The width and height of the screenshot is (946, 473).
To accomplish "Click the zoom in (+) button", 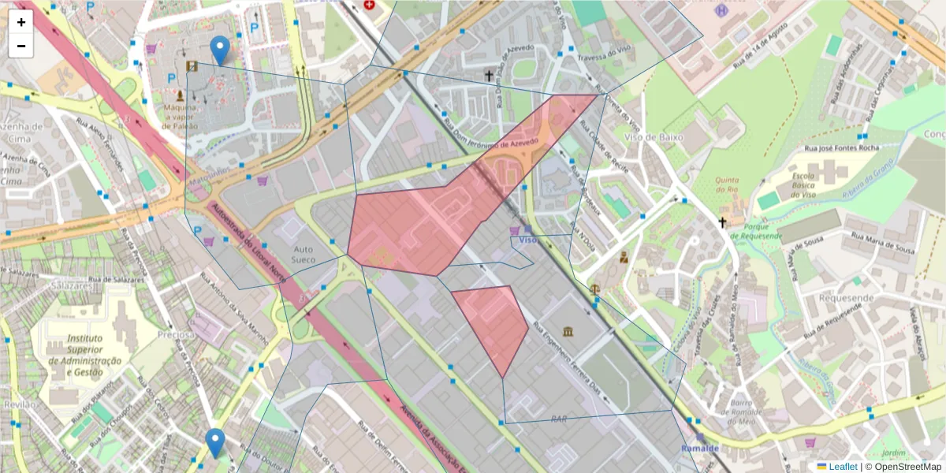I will pyautogui.click(x=21, y=22).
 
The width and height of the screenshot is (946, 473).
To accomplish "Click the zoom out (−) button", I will pyautogui.click(x=21, y=46).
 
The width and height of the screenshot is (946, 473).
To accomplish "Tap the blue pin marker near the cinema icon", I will pyautogui.click(x=222, y=50).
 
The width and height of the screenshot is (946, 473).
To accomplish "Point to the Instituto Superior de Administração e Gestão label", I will pyautogui.click(x=85, y=355).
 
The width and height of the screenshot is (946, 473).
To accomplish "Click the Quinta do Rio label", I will pyautogui.click(x=726, y=184).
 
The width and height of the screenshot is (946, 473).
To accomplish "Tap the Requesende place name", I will pyautogui.click(x=846, y=298).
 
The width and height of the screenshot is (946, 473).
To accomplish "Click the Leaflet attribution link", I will pyautogui.click(x=842, y=467).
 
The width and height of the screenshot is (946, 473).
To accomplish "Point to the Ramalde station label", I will pyautogui.click(x=700, y=449).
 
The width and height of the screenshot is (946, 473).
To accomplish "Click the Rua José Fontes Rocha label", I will pyautogui.click(x=840, y=147).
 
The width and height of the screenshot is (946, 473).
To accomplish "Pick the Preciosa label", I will pyautogui.click(x=175, y=334).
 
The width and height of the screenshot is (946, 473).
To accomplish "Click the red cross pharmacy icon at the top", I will pyautogui.click(x=369, y=5).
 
